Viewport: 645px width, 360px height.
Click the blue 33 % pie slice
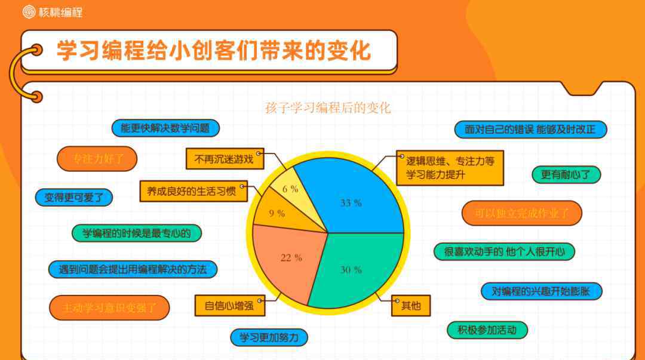tap(354, 198)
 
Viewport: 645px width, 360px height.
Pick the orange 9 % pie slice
tap(279, 212)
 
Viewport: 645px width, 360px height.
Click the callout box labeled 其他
tap(410, 306)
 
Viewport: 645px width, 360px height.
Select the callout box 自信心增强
tap(229, 306)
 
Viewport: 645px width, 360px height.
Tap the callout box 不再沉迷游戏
tap(225, 159)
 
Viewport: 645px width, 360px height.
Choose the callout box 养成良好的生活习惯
tap(193, 191)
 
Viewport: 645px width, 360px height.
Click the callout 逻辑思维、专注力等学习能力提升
tap(450, 168)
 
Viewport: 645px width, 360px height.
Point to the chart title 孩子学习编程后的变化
tap(328, 108)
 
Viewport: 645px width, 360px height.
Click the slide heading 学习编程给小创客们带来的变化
tap(214, 51)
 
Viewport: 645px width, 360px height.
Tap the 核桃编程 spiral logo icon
tap(29, 12)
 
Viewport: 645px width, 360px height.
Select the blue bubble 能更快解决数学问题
tap(165, 128)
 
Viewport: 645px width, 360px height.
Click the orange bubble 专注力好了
tap(97, 159)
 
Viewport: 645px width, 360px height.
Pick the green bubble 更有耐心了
tap(566, 175)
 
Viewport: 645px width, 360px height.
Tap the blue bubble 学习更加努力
tap(269, 338)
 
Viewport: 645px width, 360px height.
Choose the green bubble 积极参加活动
tap(487, 330)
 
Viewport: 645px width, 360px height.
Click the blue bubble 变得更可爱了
tap(74, 198)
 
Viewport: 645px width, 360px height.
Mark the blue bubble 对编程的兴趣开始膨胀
tap(541, 292)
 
